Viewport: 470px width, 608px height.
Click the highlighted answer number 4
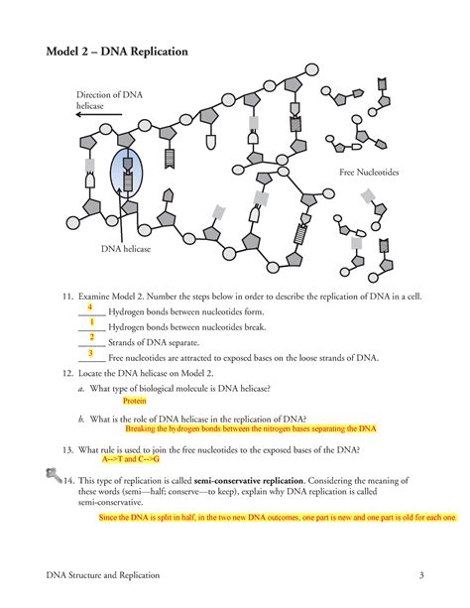(90, 307)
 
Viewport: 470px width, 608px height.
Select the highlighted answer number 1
(90, 322)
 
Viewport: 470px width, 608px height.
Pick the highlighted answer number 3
(90, 352)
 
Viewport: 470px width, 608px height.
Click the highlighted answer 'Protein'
(135, 402)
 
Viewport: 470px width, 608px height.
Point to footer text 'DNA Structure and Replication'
(103, 575)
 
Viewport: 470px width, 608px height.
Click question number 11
(66, 295)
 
